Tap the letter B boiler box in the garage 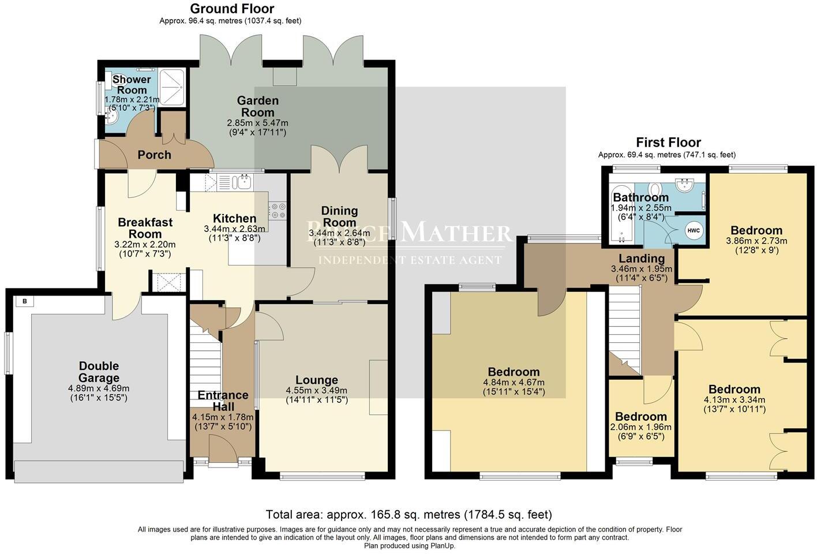(x=25, y=301)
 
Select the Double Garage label (x=99, y=372)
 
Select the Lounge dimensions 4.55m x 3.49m (x=316, y=390)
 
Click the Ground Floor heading (x=232, y=9)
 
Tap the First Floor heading (x=668, y=142)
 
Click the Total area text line (x=409, y=514)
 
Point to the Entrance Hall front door (x=223, y=449)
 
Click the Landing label (x=642, y=258)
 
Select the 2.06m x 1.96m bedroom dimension (x=640, y=427)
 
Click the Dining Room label (x=339, y=216)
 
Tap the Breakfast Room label (x=145, y=228)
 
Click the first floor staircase (x=625, y=329)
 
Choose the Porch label (x=154, y=155)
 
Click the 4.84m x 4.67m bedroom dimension (x=514, y=382)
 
